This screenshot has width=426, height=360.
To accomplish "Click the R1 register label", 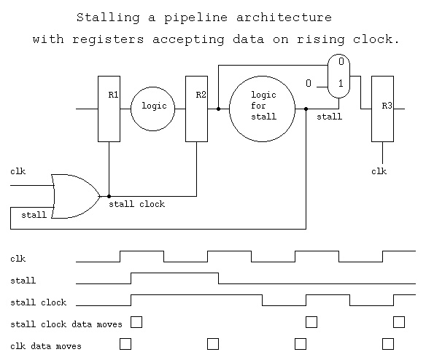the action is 113,95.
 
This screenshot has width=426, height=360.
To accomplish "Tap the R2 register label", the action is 201,95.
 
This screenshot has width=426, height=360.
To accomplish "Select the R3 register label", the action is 387,106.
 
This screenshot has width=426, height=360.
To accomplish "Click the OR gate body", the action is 76,196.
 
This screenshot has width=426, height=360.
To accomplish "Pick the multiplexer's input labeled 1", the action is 341,84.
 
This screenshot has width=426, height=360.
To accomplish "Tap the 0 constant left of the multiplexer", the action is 309,83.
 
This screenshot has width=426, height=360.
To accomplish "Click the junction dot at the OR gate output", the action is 109,196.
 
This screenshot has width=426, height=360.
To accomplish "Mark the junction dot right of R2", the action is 218,109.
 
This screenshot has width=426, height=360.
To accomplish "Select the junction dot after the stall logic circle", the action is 306,109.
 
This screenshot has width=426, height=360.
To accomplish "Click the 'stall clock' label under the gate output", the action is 136,204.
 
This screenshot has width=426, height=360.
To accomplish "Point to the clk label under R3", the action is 379,171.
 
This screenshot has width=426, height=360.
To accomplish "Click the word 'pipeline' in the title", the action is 195,18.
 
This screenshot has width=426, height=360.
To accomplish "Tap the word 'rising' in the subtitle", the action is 320,39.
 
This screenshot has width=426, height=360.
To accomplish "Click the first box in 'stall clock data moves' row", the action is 136,322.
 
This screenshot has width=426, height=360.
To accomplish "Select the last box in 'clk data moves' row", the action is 388,344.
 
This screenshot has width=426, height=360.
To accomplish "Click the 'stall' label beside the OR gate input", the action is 34,215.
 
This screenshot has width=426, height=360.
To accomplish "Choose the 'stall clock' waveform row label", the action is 39,302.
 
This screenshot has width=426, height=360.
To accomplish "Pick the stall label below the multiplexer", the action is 329,117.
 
